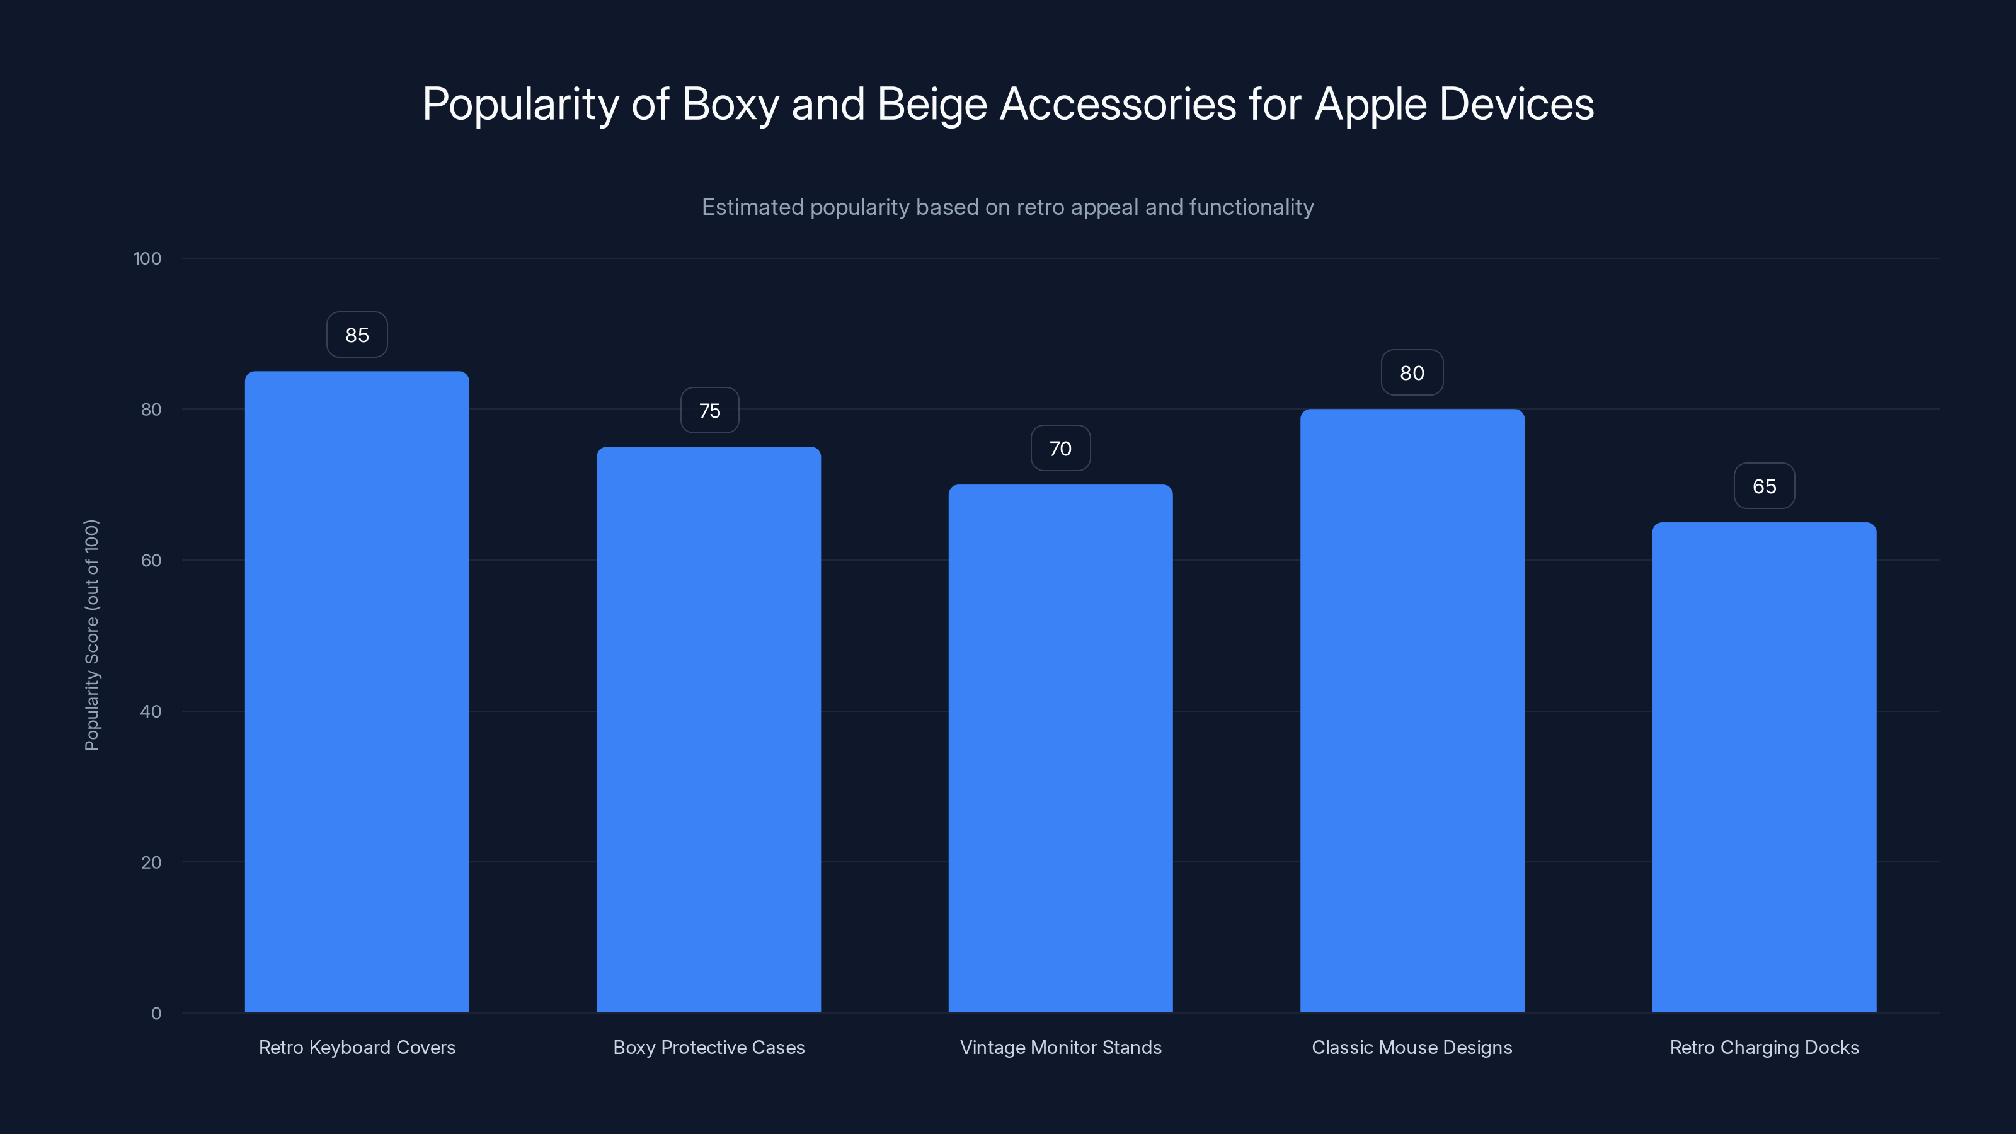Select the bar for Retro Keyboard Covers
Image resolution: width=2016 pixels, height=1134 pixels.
click(x=357, y=692)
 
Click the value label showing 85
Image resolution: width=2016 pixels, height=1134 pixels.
click(x=357, y=335)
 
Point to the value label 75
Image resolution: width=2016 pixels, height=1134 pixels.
click(x=709, y=411)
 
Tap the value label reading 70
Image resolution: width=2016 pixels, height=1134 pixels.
click(x=1060, y=449)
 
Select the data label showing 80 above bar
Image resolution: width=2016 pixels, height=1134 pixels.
click(x=1412, y=374)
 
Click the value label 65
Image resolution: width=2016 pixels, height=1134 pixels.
click(x=1764, y=486)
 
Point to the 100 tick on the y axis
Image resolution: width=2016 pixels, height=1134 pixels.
click(x=147, y=258)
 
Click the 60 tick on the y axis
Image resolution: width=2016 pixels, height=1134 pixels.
click(x=151, y=560)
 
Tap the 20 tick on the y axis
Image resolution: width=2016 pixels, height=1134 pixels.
click(x=151, y=862)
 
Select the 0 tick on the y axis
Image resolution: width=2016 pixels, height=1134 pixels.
click(x=156, y=1014)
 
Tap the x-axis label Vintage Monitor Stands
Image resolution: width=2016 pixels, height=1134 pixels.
click(x=1060, y=1047)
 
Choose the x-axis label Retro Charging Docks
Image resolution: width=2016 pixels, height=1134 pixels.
click(x=1764, y=1047)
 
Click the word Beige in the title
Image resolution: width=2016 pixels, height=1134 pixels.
click(x=932, y=104)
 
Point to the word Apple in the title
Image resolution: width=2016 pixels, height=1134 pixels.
click(x=1370, y=104)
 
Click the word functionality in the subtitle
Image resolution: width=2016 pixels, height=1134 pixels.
click(x=1251, y=207)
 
